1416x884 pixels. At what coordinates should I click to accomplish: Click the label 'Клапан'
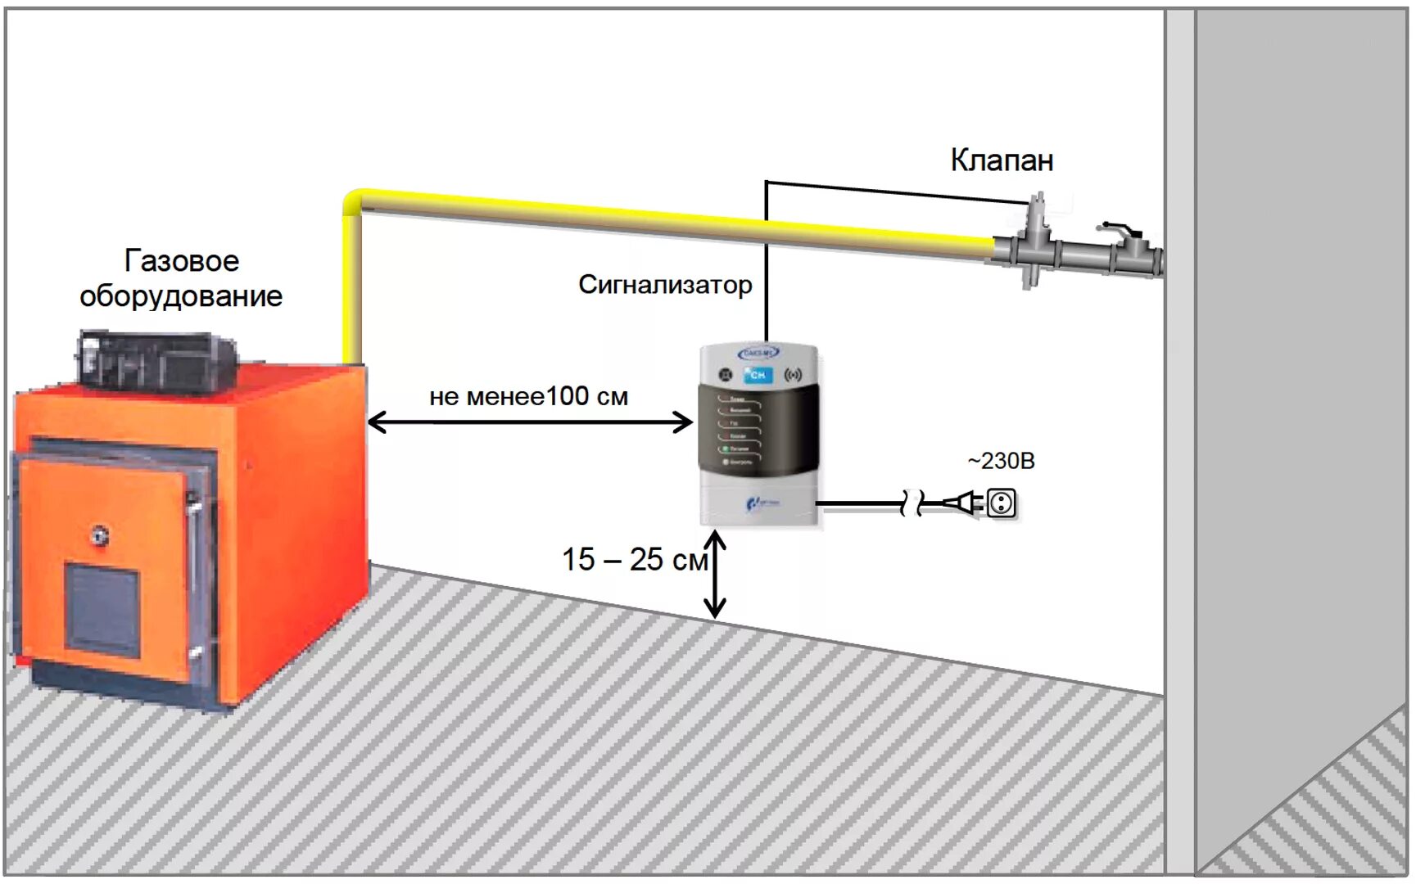(1001, 160)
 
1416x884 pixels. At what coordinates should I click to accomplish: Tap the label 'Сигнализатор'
(664, 285)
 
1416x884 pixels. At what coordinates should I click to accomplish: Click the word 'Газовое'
(182, 261)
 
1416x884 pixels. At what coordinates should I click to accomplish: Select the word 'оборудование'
(181, 296)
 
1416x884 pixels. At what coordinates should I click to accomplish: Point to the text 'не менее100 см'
(528, 397)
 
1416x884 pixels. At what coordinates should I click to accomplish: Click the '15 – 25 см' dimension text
(634, 560)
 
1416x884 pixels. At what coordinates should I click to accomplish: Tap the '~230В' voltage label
(1001, 461)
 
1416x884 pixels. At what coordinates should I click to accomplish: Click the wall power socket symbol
(1001, 503)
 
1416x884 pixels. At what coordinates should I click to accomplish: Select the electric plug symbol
(961, 502)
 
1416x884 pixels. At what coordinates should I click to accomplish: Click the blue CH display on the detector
(758, 375)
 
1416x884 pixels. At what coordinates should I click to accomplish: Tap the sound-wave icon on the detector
(793, 375)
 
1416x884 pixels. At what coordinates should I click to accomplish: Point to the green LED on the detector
(726, 449)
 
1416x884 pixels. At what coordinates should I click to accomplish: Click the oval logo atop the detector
(758, 353)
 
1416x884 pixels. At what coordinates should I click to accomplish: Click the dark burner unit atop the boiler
(156, 360)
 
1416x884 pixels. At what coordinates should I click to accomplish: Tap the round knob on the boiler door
(101, 535)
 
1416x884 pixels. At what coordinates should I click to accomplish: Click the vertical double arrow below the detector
(715, 574)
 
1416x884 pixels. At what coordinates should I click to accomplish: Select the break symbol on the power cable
(911, 503)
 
